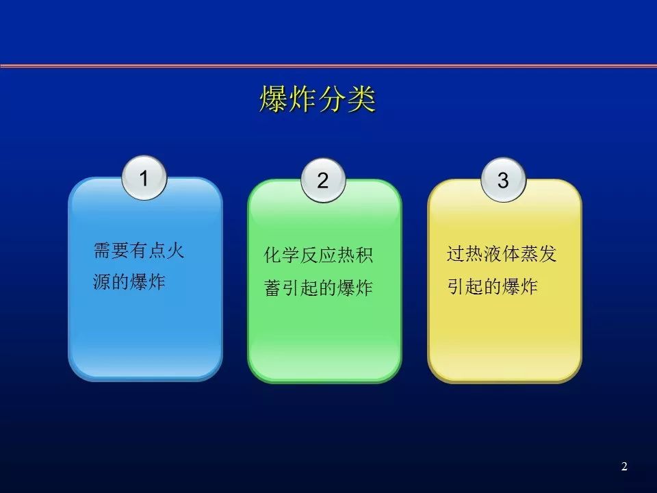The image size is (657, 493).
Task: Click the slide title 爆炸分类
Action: point(317,99)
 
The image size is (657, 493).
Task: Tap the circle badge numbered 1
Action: point(144,178)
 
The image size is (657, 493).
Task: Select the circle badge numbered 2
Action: point(323,180)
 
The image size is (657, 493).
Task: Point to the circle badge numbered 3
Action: point(503,180)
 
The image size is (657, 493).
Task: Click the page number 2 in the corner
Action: point(624,466)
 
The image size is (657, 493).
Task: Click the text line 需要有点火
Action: point(139,251)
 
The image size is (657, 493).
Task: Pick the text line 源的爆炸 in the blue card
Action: point(129,281)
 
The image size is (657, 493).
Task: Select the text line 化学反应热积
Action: point(318,255)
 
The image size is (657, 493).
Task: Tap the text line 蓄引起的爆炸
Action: point(318,288)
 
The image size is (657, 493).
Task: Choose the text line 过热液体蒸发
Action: point(502,253)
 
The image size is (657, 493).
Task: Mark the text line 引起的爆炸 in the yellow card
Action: point(492,286)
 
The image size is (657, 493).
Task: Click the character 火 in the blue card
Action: point(176,251)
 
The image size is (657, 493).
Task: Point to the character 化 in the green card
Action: point(273,255)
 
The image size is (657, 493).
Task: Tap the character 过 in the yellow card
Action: point(456,253)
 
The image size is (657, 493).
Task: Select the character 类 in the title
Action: point(361,99)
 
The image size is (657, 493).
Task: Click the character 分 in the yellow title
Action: point(333,99)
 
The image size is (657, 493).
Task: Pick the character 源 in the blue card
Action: point(102,281)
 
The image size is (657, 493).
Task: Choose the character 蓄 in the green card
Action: point(273,288)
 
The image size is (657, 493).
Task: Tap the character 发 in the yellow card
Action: point(547,253)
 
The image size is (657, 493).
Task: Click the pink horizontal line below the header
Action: point(328,66)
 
